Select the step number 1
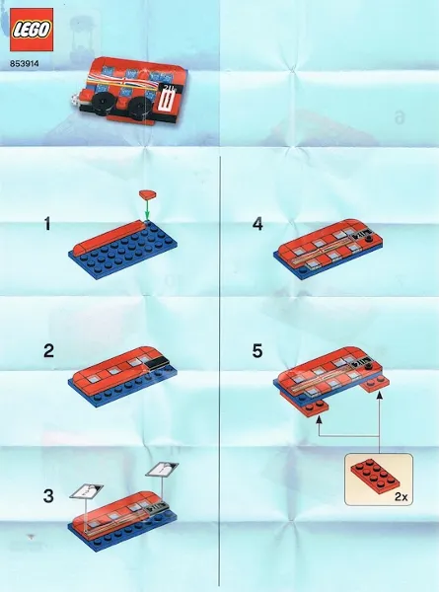46,226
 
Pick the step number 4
257,225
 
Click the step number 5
257,350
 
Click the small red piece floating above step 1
148,192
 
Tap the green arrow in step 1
148,209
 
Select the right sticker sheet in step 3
163,470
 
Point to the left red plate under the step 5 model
312,405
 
